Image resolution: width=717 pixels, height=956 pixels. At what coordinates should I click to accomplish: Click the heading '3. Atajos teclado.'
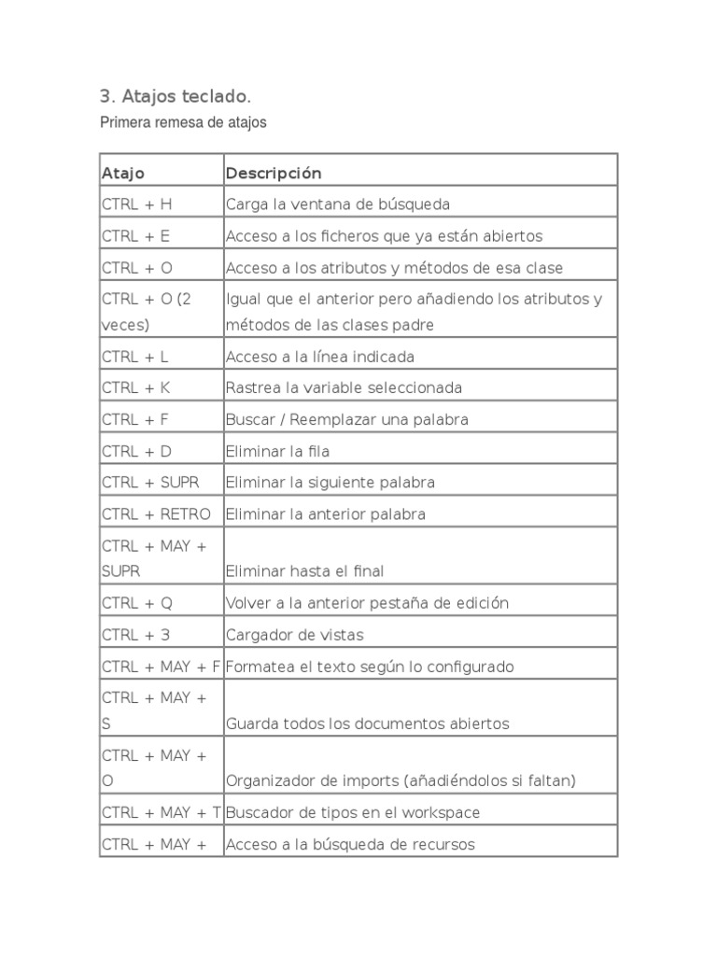click(175, 96)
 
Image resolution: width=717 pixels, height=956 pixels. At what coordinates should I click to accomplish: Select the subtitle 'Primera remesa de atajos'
click(183, 122)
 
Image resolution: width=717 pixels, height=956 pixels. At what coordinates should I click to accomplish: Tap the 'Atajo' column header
click(123, 174)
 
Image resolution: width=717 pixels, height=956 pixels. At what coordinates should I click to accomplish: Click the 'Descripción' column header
click(273, 174)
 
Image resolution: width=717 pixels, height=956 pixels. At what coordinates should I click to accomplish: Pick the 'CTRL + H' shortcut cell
click(136, 204)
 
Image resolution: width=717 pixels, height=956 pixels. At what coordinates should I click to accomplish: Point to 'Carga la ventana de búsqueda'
click(337, 204)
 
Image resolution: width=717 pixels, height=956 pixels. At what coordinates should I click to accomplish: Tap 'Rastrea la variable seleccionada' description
click(344, 387)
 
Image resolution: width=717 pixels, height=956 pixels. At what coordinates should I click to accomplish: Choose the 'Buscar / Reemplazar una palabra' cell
click(346, 419)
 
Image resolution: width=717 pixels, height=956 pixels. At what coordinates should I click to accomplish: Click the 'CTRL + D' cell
click(136, 451)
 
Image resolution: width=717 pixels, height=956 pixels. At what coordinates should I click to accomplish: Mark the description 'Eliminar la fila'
click(277, 451)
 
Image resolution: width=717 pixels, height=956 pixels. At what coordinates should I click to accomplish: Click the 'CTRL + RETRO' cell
click(156, 514)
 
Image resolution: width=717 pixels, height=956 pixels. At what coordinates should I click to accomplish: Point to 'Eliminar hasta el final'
click(304, 570)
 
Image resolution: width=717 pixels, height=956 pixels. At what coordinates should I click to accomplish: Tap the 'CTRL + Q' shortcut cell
click(136, 603)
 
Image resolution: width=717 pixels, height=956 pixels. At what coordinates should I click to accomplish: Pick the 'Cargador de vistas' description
click(294, 635)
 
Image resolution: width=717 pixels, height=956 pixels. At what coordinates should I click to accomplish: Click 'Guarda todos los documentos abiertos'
click(367, 724)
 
